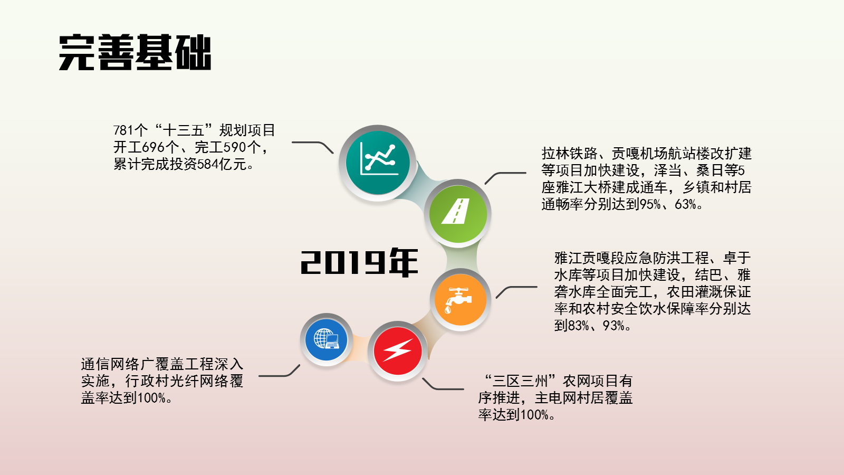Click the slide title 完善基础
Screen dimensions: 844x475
coord(135,52)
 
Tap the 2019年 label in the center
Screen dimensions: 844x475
coord(359,262)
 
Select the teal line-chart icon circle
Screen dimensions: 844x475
coord(378,163)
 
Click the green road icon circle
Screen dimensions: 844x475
coord(458,213)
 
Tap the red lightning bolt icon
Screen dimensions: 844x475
coord(398,351)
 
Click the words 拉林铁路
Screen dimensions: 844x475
coord(569,154)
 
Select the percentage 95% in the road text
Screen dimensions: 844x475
coord(650,204)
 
